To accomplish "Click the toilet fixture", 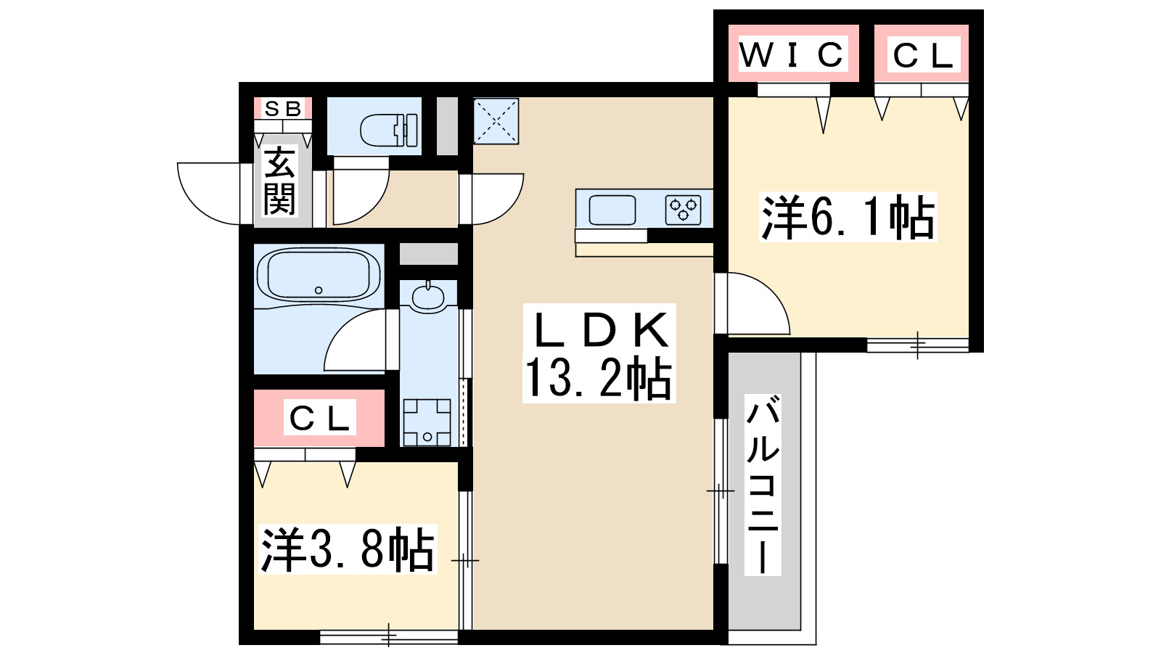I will click(389, 128).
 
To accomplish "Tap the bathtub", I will click(319, 274).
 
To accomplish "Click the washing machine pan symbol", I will click(427, 422).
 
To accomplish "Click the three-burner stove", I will click(684, 210).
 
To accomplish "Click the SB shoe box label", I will click(283, 109).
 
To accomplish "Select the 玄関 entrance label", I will click(279, 181).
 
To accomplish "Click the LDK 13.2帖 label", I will click(599, 354).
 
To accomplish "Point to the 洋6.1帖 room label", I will click(848, 217).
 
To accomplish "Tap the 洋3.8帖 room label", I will click(348, 549).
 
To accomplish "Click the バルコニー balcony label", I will click(762, 485).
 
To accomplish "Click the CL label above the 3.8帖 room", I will click(319, 418).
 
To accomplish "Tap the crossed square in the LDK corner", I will click(496, 120).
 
